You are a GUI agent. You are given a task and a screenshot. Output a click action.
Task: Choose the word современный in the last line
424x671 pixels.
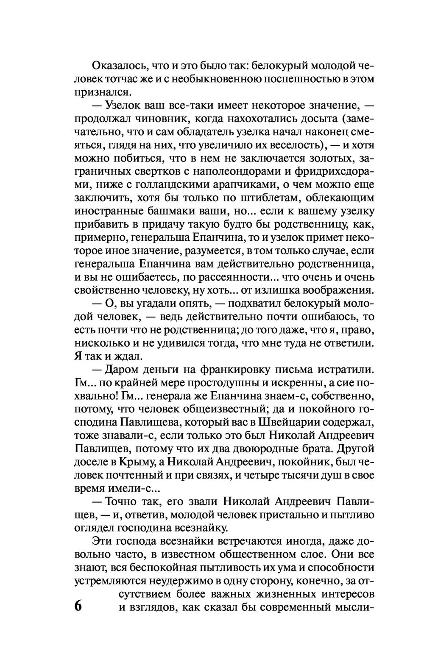(293, 607)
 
